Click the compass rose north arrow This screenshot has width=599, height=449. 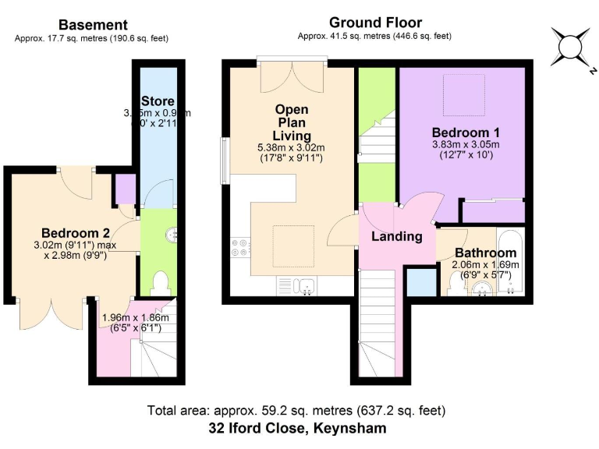pos(570,47)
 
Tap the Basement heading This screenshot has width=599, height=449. pos(93,26)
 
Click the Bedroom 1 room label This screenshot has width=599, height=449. pos(460,132)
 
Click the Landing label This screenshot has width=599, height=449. pos(396,236)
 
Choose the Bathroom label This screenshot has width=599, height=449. pos(485,253)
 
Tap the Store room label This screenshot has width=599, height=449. pos(158,101)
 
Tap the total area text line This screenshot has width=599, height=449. pos(297,410)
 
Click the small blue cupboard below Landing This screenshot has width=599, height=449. pos(421,281)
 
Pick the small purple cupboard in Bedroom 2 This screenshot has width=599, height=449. pos(125,189)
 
